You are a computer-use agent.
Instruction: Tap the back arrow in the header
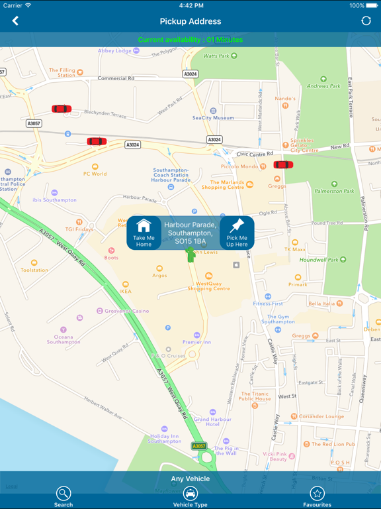tap(15, 21)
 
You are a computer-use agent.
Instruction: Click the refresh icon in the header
tap(366, 21)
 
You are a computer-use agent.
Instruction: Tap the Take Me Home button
tap(144, 232)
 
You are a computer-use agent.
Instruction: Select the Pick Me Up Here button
tap(237, 232)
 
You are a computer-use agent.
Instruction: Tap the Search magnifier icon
tap(63, 494)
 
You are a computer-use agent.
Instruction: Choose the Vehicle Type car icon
tap(190, 494)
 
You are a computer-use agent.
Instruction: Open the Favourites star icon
tap(317, 494)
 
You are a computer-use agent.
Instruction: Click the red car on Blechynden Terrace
tap(62, 109)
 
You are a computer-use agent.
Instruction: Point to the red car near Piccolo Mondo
tap(283, 165)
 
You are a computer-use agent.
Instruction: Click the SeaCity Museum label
tap(213, 117)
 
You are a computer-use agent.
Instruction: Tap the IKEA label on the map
tap(125, 291)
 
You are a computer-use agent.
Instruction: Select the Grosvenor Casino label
tap(127, 311)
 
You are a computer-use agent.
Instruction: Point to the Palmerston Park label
tap(334, 191)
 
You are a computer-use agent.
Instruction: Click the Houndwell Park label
tap(323, 260)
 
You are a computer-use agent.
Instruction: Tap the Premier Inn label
tap(196, 342)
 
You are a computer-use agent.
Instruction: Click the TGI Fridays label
tap(79, 229)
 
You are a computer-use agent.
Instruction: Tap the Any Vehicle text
tap(190, 479)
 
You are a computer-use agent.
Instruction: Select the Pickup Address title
tap(190, 21)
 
